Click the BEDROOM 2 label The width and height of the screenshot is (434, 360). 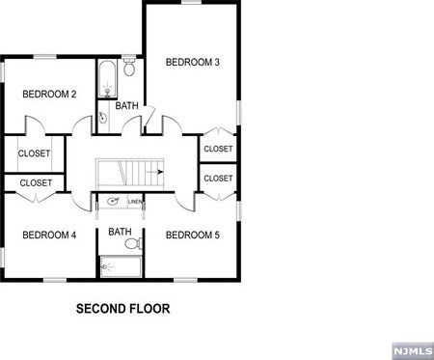[48, 94]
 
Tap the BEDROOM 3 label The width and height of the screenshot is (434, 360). [192, 63]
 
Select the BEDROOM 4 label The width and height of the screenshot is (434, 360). [48, 235]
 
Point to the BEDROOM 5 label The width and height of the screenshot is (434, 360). [192, 235]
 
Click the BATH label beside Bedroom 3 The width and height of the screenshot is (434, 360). [127, 105]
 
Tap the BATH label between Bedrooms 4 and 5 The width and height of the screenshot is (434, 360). [120, 232]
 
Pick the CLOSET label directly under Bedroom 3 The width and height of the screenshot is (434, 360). [218, 149]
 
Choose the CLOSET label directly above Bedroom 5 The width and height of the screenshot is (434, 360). [218, 179]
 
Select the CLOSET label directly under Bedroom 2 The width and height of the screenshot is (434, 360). [35, 153]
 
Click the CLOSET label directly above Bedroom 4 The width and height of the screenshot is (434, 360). [35, 182]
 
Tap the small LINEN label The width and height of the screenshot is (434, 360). [135, 202]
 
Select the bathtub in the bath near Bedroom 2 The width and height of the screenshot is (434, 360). [106, 76]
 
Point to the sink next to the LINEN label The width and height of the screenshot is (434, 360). [113, 203]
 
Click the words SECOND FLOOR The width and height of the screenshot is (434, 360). [122, 311]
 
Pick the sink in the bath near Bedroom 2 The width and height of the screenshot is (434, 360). [102, 118]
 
